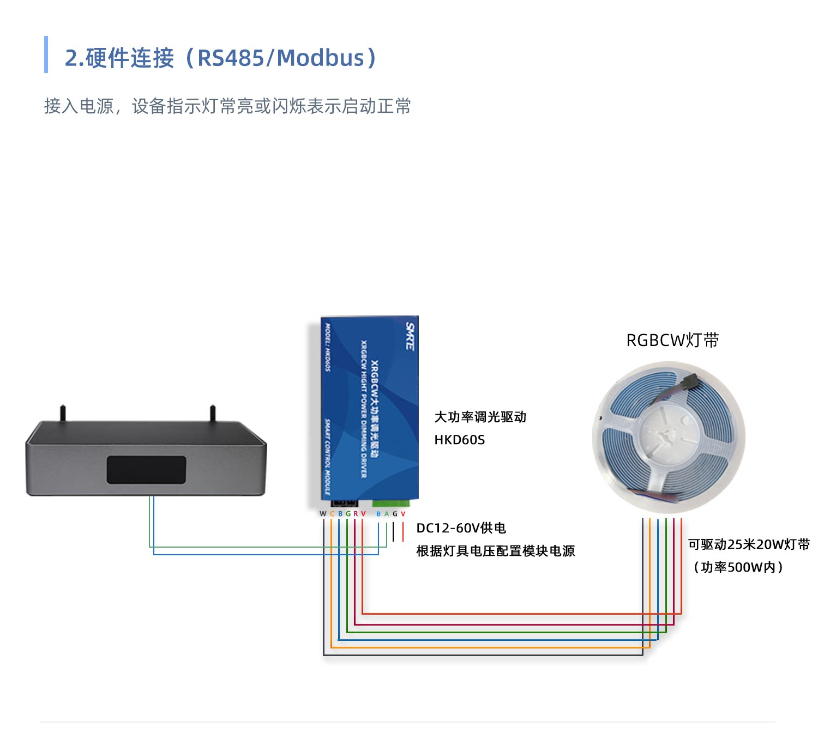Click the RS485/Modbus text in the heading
[x=280, y=58]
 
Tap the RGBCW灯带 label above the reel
[x=672, y=340]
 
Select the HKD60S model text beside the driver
[x=459, y=440]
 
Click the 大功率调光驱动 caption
[x=480, y=417]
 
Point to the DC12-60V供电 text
[x=461, y=528]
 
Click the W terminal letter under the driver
[x=323, y=514]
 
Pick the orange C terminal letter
[x=332, y=514]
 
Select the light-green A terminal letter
[x=387, y=514]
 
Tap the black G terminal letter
[x=395, y=514]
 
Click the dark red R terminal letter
[x=356, y=514]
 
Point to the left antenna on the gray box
[x=63, y=413]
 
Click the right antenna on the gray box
[x=213, y=413]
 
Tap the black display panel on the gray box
[x=146, y=470]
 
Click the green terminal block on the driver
[x=392, y=502]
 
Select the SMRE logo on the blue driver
[x=410, y=336]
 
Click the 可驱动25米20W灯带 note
[x=748, y=544]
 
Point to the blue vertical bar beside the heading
[x=46, y=54]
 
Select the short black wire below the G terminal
[x=393, y=532]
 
